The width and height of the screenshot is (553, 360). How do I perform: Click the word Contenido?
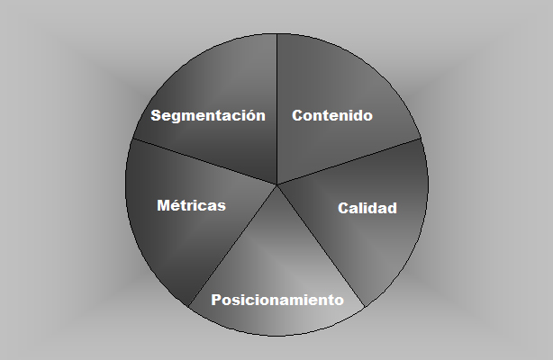point(332,115)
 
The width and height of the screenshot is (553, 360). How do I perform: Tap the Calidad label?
point(367,209)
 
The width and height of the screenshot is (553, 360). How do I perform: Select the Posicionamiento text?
point(277,300)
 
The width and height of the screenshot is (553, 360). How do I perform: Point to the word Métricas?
point(191,205)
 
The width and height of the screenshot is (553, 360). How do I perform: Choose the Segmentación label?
point(208,115)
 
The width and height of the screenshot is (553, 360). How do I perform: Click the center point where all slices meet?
point(276,184)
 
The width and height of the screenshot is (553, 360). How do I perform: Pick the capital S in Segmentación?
point(156,115)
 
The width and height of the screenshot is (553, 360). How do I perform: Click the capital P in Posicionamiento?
point(216,300)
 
